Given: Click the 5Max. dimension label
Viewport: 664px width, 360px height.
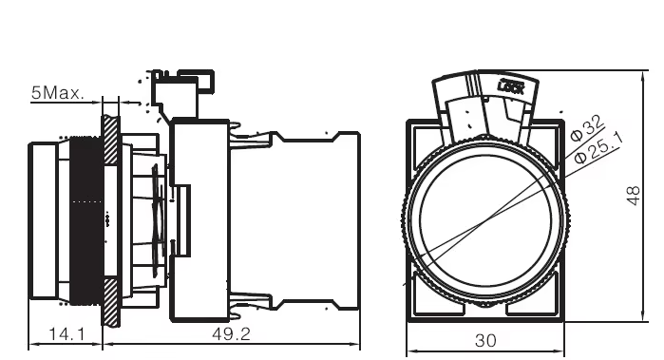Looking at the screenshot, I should click(x=57, y=93).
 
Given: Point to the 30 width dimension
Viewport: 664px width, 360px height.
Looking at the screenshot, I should click(x=484, y=339).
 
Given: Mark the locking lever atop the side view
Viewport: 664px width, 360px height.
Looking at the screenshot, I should click(x=180, y=90).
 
